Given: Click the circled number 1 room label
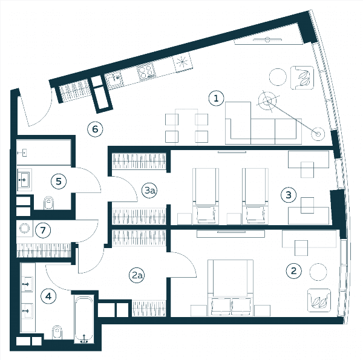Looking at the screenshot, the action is point(216,99).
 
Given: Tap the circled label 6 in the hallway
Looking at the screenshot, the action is point(95,129).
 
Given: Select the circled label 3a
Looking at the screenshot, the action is point(149,191).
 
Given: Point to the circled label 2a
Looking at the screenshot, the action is point(137,275).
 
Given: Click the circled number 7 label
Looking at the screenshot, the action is point(43,230).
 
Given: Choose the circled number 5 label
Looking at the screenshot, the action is point(59,182).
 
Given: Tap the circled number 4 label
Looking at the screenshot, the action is point(48,296).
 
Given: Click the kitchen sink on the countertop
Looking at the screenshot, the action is point(114,80).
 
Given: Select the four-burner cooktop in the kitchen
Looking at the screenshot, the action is point(146,71).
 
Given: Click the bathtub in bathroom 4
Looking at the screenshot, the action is point(84,319).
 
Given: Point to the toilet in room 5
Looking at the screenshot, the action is point(48,203).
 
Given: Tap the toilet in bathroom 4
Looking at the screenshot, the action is point(57,332).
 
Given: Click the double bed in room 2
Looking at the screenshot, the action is point(231,288).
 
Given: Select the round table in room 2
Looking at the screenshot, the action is point(318,272).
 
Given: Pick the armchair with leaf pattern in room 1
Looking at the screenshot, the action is point(302,78).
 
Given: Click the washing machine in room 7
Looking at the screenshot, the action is point(25,228).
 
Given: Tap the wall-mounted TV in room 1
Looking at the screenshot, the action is point(267,39).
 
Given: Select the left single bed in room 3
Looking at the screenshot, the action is point(206,196).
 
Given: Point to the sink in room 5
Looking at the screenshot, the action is point(24,180).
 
